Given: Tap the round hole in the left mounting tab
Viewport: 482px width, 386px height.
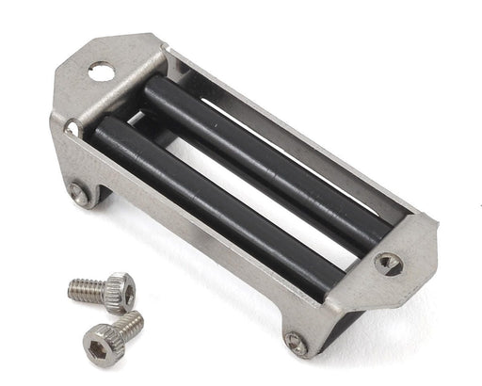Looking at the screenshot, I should [x=101, y=71].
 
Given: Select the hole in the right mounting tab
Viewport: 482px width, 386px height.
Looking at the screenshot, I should [x=388, y=263].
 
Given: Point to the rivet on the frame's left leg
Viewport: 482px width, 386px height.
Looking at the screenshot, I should [x=79, y=194].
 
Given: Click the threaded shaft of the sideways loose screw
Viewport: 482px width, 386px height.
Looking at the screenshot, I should [x=86, y=290].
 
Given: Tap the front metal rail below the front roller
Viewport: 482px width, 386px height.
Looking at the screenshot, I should [x=188, y=240].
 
